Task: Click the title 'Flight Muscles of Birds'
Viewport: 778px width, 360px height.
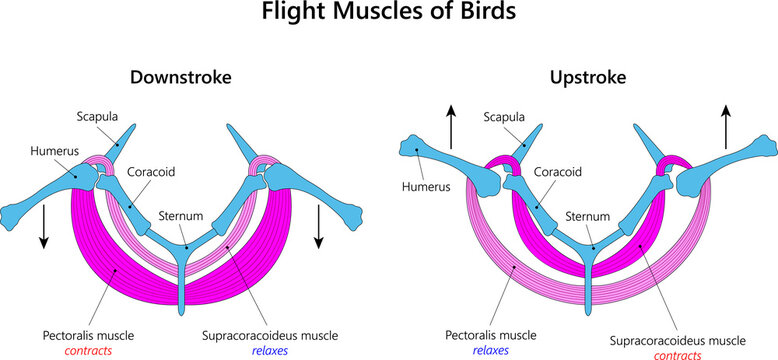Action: click(x=388, y=14)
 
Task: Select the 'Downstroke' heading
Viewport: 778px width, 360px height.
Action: click(x=181, y=77)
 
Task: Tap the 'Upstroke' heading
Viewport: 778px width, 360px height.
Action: click(x=587, y=77)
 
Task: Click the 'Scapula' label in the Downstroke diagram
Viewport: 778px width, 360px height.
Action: click(x=98, y=116)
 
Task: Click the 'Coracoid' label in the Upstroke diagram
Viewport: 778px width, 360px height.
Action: click(x=559, y=171)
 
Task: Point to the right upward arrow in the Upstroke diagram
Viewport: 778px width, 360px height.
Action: click(x=725, y=128)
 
